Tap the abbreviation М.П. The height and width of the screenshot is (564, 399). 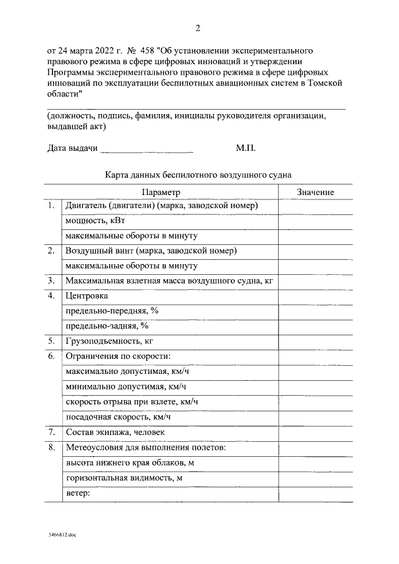[x=246, y=148]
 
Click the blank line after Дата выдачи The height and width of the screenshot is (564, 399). [x=147, y=150]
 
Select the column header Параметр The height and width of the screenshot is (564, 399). [x=160, y=193]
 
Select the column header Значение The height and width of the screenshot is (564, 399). [x=315, y=193]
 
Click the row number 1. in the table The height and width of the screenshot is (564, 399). [x=50, y=206]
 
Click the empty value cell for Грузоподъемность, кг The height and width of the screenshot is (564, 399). [x=315, y=341]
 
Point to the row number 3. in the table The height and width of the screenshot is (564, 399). [x=50, y=281]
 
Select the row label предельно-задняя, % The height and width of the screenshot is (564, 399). [x=107, y=326]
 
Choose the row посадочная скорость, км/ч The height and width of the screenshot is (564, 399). [x=118, y=416]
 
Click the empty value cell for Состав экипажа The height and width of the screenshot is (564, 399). [x=315, y=432]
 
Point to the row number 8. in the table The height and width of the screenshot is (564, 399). [x=50, y=447]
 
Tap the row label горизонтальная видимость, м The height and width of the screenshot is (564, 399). [x=123, y=478]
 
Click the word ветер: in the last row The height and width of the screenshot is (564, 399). [x=78, y=494]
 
